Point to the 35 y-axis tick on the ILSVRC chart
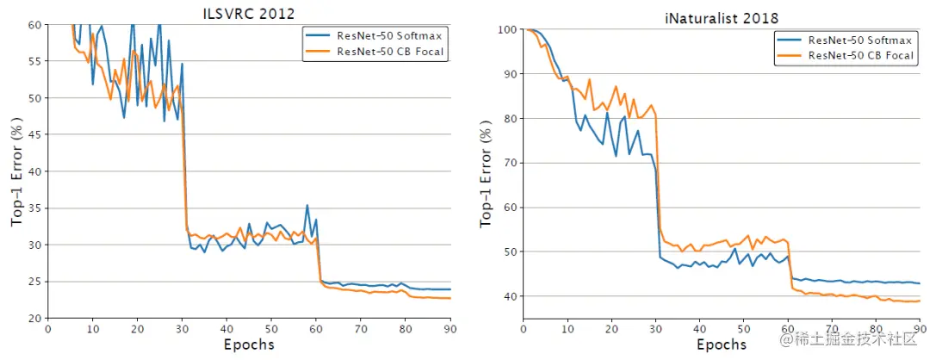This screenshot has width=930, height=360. (34, 208)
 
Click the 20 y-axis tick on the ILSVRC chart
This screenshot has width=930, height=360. (34, 319)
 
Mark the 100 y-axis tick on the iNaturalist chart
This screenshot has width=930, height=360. (506, 30)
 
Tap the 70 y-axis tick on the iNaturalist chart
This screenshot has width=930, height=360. (510, 163)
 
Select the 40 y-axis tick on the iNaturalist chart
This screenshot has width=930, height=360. (510, 296)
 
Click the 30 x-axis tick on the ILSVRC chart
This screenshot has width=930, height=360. (182, 328)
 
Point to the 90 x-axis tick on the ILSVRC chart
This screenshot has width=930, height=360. (449, 328)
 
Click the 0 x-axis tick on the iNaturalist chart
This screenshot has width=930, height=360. (524, 328)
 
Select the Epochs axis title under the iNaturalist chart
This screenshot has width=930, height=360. (722, 344)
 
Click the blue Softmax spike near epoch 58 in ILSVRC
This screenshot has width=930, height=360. (307, 206)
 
